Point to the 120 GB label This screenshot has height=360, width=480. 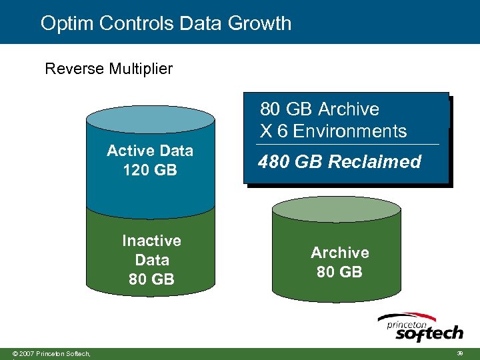(150, 170)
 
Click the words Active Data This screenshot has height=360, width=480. (150, 151)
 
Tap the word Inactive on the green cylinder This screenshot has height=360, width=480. (151, 241)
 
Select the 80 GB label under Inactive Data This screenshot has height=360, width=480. (151, 279)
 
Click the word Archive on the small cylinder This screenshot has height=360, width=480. (339, 253)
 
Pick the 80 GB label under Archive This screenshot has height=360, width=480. (339, 272)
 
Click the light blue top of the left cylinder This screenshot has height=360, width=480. (151, 119)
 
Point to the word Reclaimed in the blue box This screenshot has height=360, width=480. (379, 162)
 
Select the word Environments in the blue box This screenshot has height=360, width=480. (349, 131)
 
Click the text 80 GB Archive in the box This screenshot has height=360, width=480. (319, 109)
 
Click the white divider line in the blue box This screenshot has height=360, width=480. (347, 145)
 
